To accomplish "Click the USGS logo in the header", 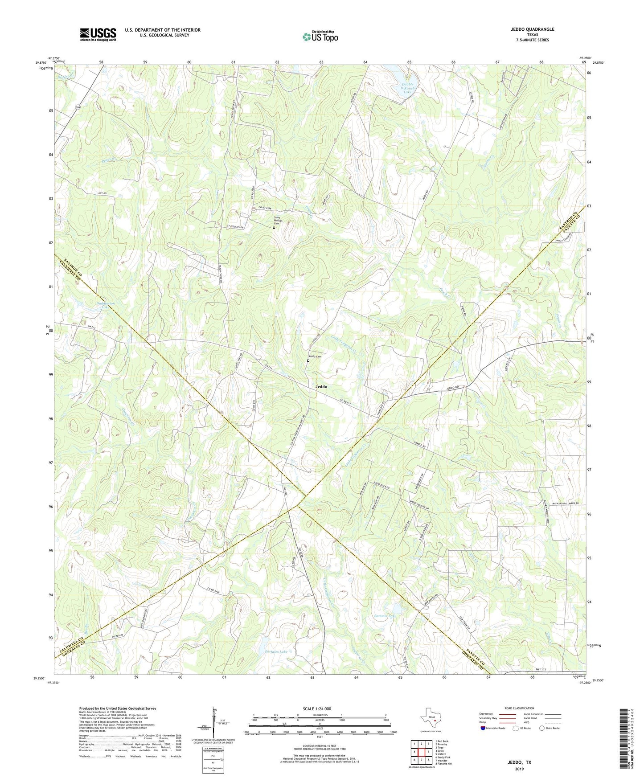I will click(98, 34).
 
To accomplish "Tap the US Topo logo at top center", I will click(320, 37).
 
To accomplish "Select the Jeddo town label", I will click(320, 387).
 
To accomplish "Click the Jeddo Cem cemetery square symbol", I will click(308, 361).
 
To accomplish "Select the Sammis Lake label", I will click(385, 616).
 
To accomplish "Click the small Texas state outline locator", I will click(430, 719).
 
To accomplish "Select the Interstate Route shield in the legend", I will click(484, 728).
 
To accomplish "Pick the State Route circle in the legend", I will click(541, 728).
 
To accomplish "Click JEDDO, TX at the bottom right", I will click(519, 762).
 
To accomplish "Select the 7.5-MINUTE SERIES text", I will click(533, 40).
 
